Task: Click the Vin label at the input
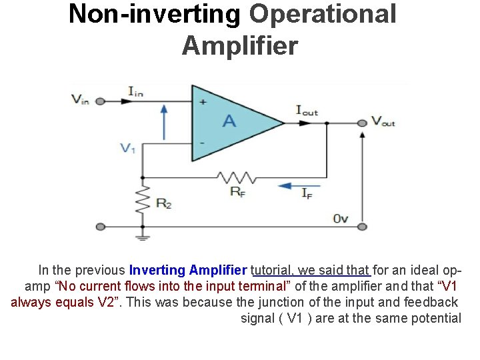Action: tap(79, 100)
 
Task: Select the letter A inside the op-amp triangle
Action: tap(229, 121)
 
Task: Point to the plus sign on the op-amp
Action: tap(203, 102)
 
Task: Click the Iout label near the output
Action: tap(307, 111)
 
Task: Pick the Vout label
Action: tap(383, 121)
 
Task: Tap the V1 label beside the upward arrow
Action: tap(128, 148)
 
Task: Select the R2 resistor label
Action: tap(163, 204)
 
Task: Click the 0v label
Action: tap(341, 218)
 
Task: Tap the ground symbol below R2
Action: tap(141, 235)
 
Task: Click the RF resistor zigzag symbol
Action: tap(237, 177)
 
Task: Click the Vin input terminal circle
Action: tap(100, 101)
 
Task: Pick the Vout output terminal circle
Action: tap(362, 123)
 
